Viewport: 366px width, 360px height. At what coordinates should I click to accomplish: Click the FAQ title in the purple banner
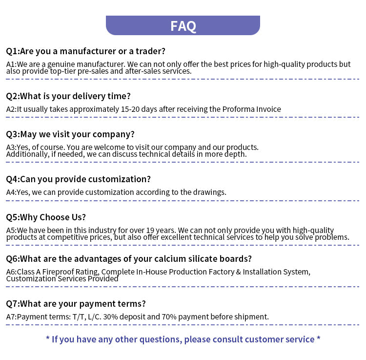(183, 26)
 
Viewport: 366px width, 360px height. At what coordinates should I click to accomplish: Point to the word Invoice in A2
(268, 109)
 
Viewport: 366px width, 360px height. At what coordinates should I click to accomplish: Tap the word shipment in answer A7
(251, 317)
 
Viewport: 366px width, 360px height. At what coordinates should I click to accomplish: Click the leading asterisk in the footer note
(48, 339)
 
